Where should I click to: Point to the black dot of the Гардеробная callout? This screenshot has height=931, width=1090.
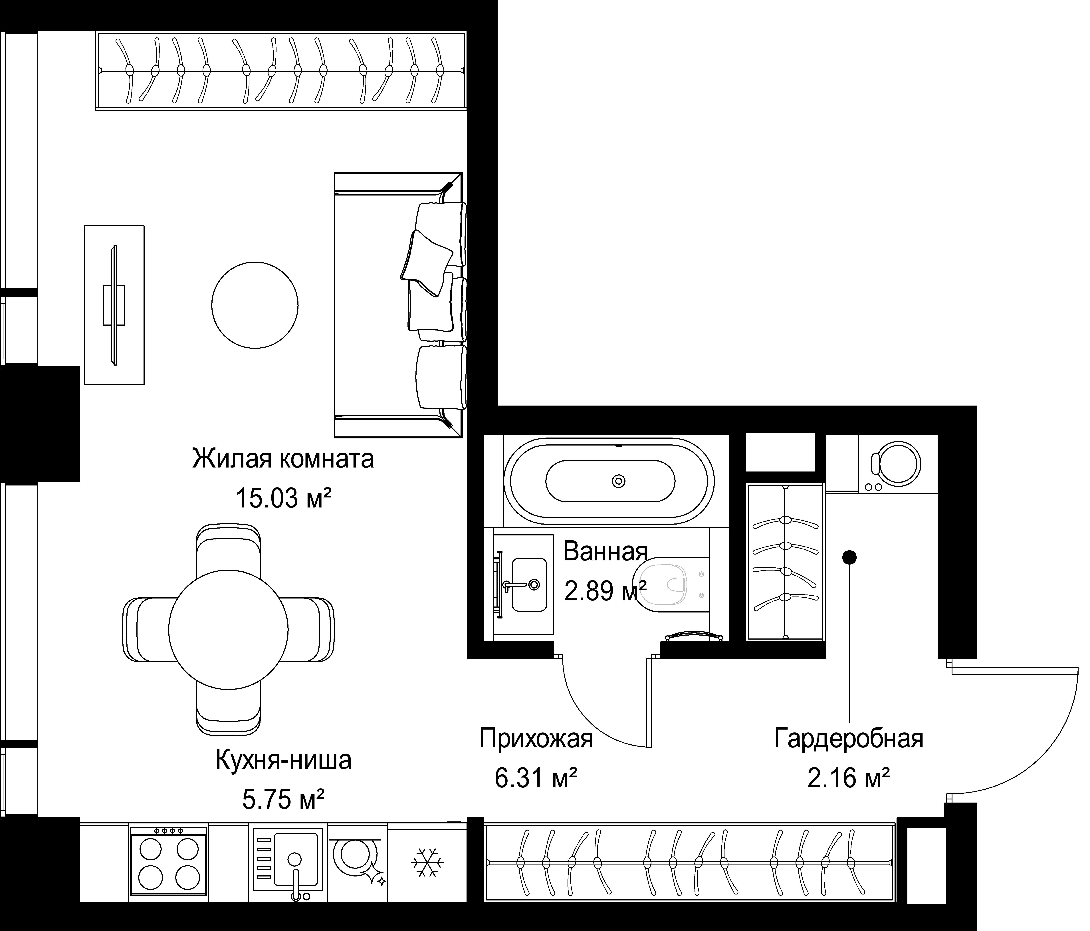[x=850, y=557]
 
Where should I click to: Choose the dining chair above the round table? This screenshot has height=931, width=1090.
[x=228, y=550]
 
